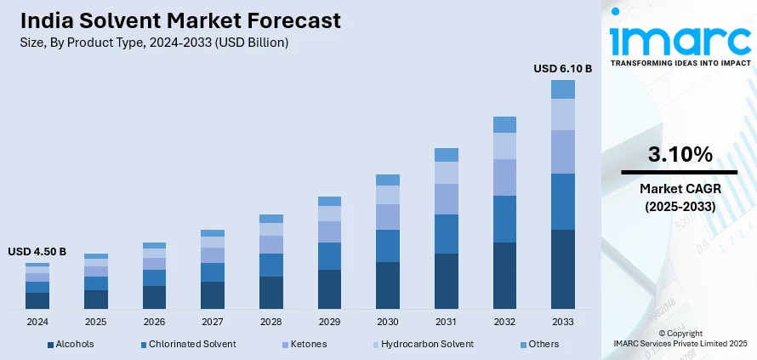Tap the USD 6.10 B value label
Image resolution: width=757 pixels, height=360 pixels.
(x=562, y=67)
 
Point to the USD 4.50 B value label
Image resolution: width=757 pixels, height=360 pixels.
(x=37, y=252)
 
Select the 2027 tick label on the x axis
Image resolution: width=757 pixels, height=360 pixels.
(x=213, y=322)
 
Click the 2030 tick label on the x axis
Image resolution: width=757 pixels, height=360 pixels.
(x=388, y=322)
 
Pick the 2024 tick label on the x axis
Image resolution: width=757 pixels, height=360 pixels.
(x=37, y=322)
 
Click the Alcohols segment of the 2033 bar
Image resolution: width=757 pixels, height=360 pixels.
(x=563, y=269)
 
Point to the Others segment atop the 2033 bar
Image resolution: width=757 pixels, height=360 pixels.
(x=563, y=89)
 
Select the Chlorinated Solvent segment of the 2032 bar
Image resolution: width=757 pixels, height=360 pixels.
(x=504, y=219)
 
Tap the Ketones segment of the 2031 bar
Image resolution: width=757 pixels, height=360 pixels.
(x=447, y=199)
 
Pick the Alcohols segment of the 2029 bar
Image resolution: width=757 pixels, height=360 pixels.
(x=329, y=289)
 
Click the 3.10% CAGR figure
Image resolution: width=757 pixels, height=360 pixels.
(x=680, y=154)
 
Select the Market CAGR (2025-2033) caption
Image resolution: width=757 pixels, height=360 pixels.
(x=680, y=198)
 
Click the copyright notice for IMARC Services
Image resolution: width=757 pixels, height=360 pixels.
(x=680, y=338)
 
